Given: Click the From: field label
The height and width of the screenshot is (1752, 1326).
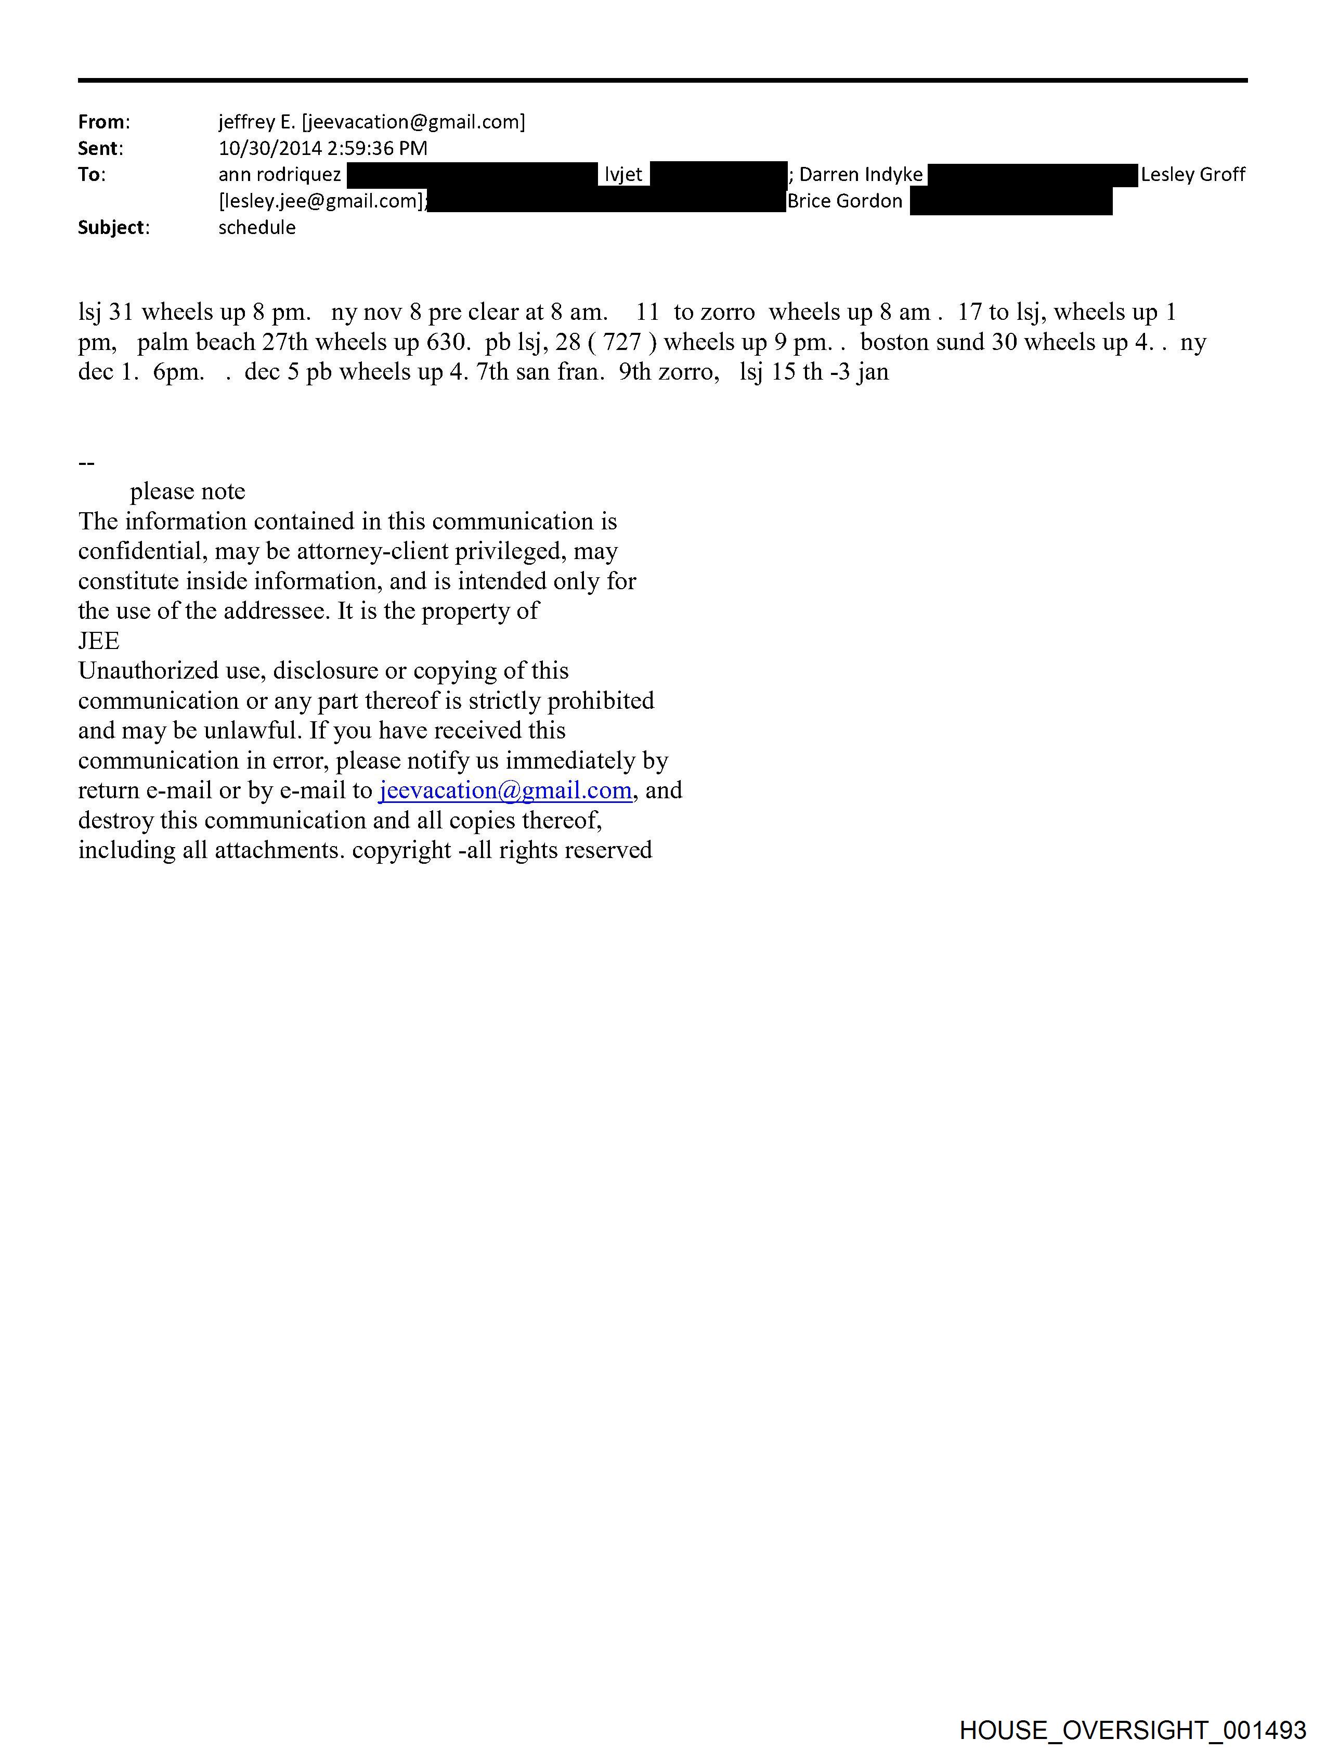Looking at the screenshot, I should tap(103, 122).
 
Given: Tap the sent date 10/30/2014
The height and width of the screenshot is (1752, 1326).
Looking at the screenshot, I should tap(269, 148).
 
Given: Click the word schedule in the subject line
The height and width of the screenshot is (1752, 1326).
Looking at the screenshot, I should tap(257, 227).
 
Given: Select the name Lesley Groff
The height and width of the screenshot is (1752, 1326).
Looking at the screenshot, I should tap(1192, 174).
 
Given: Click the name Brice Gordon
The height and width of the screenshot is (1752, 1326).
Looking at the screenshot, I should tap(844, 201).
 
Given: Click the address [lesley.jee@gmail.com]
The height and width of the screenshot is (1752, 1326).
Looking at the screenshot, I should tap(321, 201).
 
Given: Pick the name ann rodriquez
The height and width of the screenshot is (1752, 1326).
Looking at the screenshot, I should tap(280, 174).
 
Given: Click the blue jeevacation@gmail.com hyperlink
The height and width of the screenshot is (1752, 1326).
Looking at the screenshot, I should tap(504, 790).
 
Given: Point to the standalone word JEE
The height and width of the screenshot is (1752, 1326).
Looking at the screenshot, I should tap(98, 641).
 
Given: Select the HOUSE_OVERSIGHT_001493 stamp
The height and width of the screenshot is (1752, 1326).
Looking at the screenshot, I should tap(1132, 1729).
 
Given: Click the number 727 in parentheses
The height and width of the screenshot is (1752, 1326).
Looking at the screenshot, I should tap(622, 342).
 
